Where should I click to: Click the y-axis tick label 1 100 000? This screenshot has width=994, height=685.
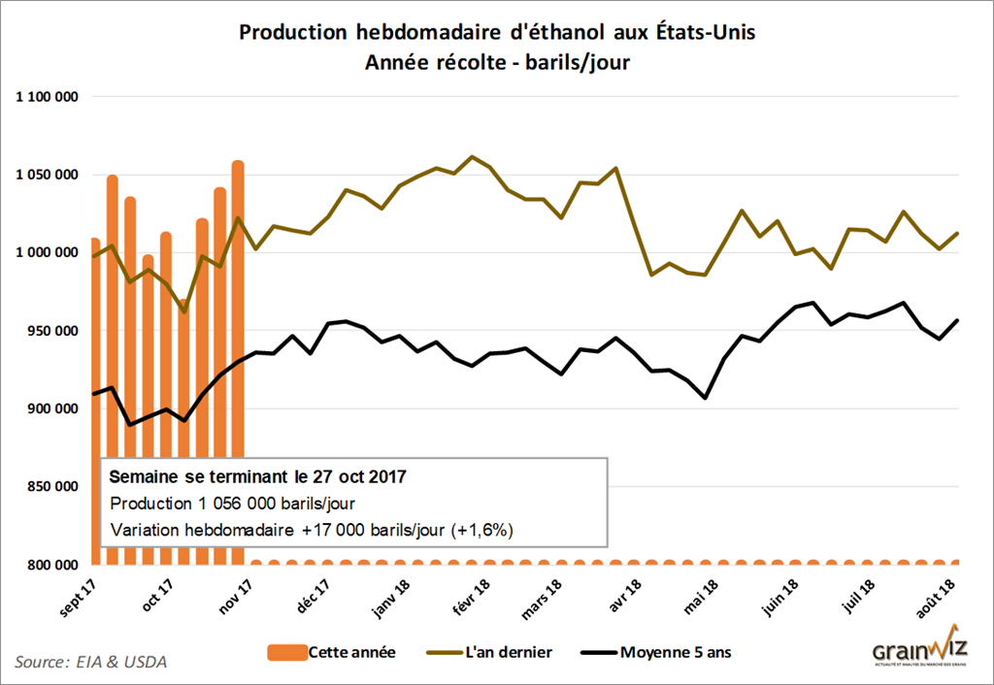point(46,97)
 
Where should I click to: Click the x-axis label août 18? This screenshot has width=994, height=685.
point(940,593)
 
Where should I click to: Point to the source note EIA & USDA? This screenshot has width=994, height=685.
point(91,663)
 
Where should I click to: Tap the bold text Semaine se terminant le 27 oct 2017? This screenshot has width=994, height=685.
point(257,477)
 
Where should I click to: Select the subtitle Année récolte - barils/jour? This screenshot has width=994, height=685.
point(496,63)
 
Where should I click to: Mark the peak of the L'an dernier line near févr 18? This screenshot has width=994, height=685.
point(472,156)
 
